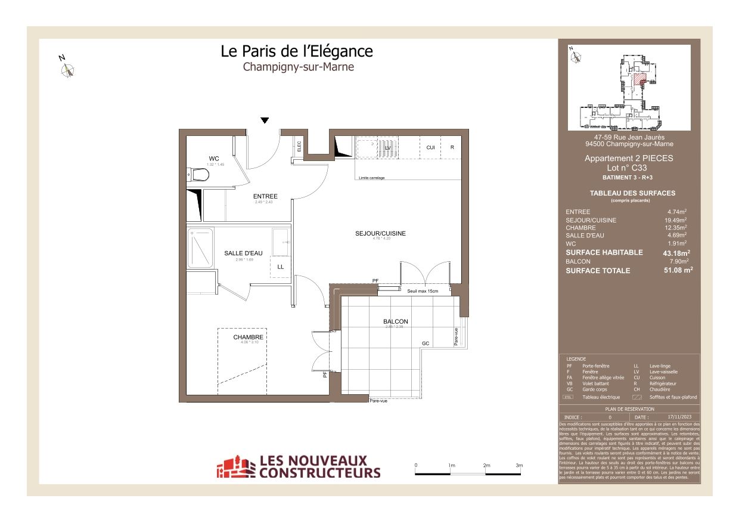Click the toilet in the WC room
pyautogui.click(x=199, y=175)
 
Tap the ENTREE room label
pyautogui.click(x=265, y=197)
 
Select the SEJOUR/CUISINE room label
pyautogui.click(x=380, y=233)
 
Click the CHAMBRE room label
pyautogui.click(x=248, y=337)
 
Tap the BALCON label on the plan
pyautogui.click(x=396, y=321)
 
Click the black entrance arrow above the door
pyautogui.click(x=265, y=120)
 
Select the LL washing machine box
pyautogui.click(x=280, y=267)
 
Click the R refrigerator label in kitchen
pyautogui.click(x=452, y=147)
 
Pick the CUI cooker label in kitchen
pyautogui.click(x=430, y=147)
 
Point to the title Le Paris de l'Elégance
pyautogui.click(x=297, y=51)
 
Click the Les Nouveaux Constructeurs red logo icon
pyautogui.click(x=235, y=467)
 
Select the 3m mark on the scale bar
pyautogui.click(x=519, y=465)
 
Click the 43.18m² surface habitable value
pyautogui.click(x=675, y=253)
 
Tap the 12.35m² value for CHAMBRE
pyautogui.click(x=676, y=228)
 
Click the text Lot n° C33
pyautogui.click(x=629, y=168)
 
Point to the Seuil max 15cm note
pyautogui.click(x=423, y=291)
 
